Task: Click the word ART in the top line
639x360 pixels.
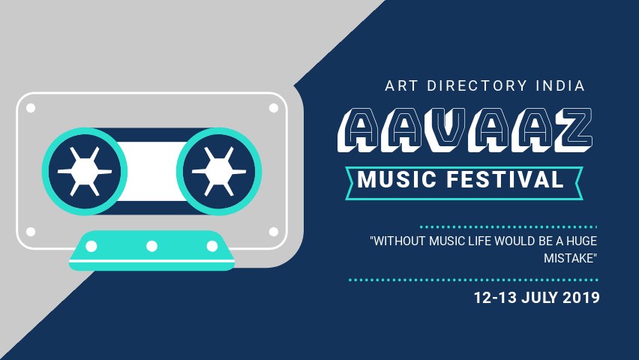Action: click(x=401, y=85)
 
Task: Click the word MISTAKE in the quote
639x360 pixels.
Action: click(x=570, y=259)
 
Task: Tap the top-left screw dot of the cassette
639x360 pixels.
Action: click(x=31, y=108)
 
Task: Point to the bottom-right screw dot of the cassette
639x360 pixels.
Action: click(x=273, y=232)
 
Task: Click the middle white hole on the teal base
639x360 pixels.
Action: click(x=151, y=246)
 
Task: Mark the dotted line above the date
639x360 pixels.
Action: click(x=474, y=280)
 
